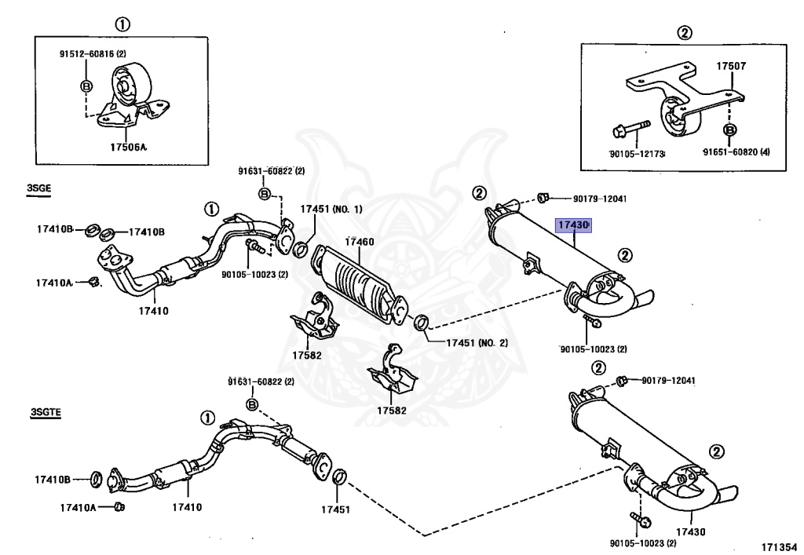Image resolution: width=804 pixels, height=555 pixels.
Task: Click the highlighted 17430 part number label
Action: coord(574,225)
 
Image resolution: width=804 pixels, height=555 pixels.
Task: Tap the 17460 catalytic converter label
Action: coord(360,241)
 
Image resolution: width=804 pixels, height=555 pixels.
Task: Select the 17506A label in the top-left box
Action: coord(128,148)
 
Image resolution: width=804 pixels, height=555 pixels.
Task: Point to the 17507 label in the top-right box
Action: coord(731,66)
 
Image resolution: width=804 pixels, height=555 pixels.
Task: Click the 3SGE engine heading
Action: coord(39,188)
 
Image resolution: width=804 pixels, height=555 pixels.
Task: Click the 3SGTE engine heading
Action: coord(46,412)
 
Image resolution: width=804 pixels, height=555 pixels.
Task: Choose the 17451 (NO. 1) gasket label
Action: coord(331,209)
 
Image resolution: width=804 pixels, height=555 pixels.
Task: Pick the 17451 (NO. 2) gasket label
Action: coord(477,342)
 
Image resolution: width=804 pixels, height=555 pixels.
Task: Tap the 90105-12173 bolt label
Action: coord(637,154)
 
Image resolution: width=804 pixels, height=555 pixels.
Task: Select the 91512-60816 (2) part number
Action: coord(93,53)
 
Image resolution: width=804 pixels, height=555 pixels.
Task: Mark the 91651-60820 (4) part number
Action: coord(736,152)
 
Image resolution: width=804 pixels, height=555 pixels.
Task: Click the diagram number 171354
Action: coord(780,547)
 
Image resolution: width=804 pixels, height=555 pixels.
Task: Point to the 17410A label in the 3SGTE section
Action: coord(78,507)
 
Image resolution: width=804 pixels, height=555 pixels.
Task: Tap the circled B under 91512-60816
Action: coord(86,86)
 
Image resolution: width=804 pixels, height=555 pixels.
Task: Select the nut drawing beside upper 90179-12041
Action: coord(543,197)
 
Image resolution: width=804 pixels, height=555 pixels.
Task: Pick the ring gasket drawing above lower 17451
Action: coord(339,476)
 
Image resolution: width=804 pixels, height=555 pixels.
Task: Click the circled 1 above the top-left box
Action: coord(122,24)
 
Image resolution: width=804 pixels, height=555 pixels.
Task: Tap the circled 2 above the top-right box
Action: coord(685,33)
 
